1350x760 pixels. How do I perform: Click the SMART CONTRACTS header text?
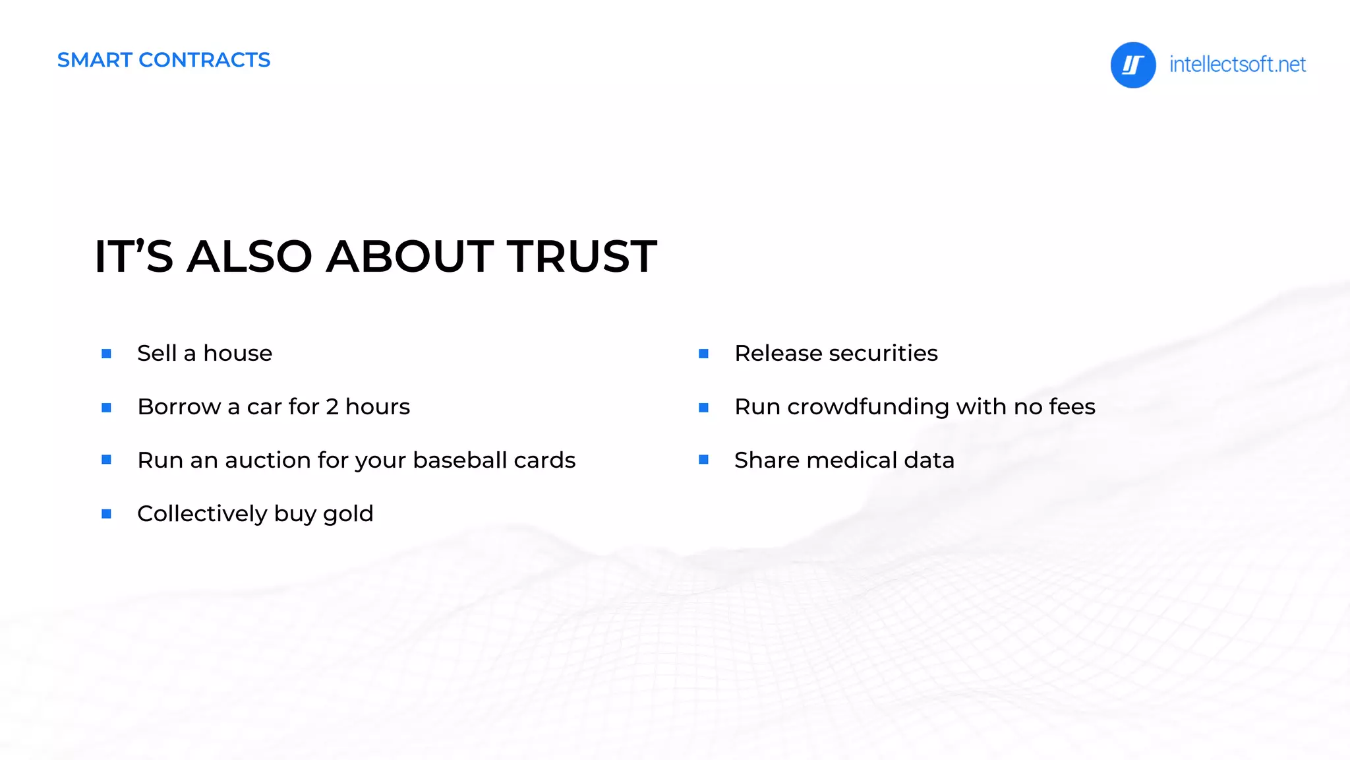(163, 60)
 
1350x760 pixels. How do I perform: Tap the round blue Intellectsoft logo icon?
(1132, 65)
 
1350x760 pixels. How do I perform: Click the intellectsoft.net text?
(1237, 65)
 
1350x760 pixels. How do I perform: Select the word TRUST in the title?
(581, 256)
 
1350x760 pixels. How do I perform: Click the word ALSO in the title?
(249, 256)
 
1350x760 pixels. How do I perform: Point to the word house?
(237, 354)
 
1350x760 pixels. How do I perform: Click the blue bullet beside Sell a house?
(106, 354)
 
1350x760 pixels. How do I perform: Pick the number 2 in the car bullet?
(332, 407)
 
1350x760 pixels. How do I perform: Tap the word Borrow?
(179, 407)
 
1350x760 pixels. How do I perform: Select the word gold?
(348, 514)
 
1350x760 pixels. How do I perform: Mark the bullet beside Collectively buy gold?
(106, 514)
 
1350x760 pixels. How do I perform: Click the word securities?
(883, 354)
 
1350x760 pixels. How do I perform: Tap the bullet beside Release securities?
(703, 354)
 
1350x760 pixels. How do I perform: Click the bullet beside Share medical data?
(703, 460)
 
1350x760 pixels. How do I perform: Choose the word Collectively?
(202, 513)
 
